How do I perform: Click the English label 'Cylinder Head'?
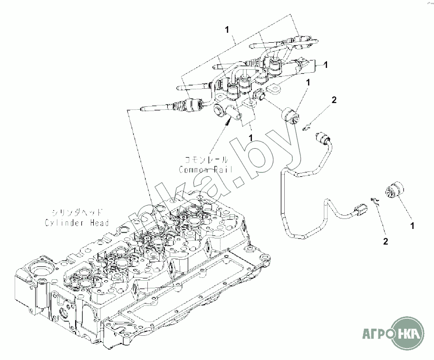(77, 222)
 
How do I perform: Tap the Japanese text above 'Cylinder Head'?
(77, 212)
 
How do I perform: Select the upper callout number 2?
(334, 100)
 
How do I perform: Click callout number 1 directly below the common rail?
(251, 137)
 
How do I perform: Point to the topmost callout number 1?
(227, 29)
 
